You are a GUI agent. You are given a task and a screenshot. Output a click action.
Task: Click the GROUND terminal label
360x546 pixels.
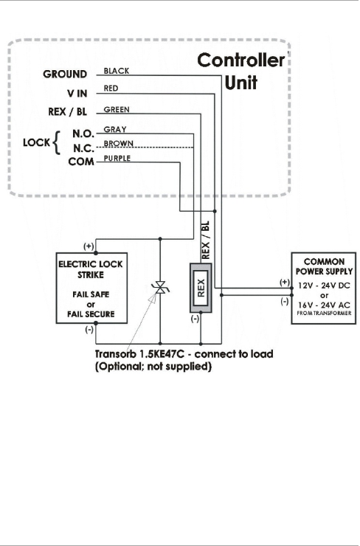(x=65, y=75)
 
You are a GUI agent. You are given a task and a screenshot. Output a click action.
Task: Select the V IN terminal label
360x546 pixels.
(x=77, y=93)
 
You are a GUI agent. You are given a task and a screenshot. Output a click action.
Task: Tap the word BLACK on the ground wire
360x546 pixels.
(x=117, y=71)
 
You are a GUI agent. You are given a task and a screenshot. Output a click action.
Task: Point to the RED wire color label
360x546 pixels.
(x=111, y=89)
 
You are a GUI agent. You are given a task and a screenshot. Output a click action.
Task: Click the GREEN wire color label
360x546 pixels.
(x=117, y=110)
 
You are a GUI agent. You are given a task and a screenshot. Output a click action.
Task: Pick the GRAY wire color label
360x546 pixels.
(x=115, y=130)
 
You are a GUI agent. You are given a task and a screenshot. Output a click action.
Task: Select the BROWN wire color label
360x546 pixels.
(x=118, y=143)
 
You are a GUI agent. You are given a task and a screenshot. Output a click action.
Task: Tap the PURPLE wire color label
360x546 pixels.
(x=117, y=158)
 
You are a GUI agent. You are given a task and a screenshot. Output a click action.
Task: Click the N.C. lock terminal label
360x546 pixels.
(x=83, y=149)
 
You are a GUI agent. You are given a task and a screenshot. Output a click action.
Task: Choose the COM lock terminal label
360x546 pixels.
(x=81, y=162)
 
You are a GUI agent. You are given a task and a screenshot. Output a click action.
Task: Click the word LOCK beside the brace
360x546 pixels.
(x=37, y=142)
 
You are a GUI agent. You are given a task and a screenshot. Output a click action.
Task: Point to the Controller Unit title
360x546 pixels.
(x=241, y=72)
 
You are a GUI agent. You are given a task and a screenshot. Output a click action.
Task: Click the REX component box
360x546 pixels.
(x=201, y=288)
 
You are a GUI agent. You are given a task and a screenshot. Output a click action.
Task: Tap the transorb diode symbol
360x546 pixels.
(x=160, y=288)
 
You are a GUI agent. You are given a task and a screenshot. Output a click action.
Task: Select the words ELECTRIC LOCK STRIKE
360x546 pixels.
(x=91, y=269)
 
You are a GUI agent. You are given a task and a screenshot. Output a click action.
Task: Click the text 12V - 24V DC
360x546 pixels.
(x=324, y=286)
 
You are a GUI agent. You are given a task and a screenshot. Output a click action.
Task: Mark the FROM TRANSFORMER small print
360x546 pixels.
(x=324, y=314)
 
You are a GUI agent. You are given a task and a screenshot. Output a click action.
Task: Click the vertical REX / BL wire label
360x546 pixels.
(x=205, y=241)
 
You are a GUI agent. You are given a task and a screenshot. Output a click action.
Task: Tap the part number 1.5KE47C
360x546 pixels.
(x=162, y=354)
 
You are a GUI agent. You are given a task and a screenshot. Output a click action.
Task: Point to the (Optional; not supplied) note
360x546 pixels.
(x=153, y=366)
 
